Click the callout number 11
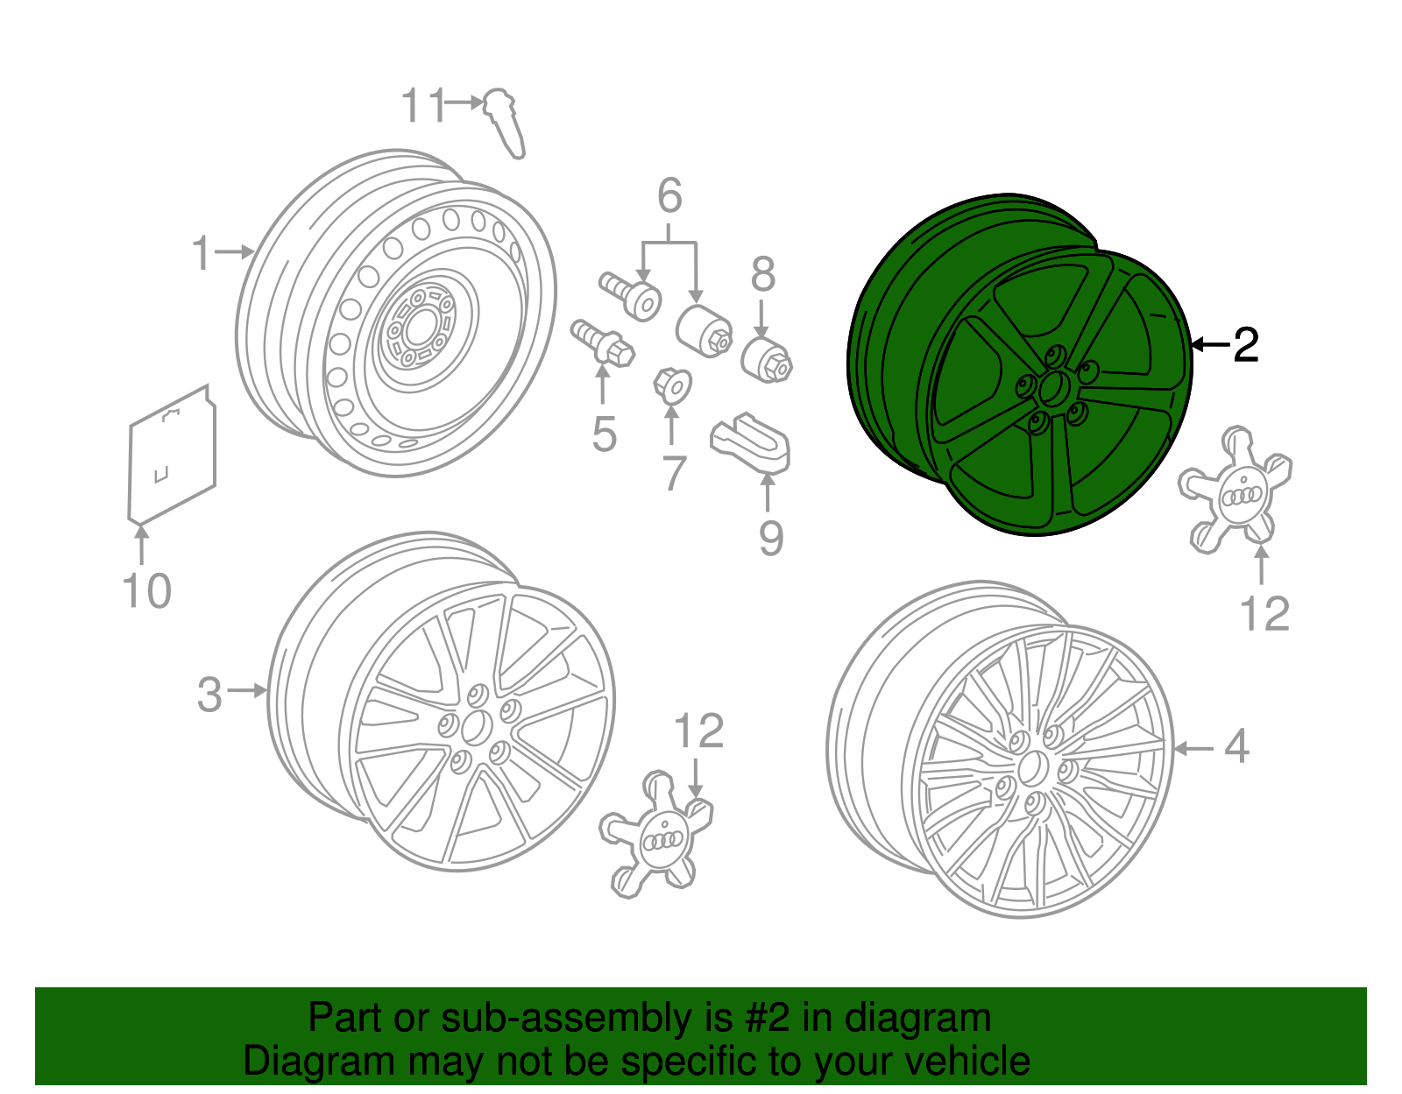(x=423, y=106)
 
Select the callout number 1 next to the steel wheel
(x=202, y=253)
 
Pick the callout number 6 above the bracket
(x=669, y=196)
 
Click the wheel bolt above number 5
(x=603, y=342)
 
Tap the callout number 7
(x=673, y=474)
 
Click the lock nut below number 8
(x=767, y=360)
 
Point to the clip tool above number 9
(x=750, y=441)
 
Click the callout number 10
(x=146, y=591)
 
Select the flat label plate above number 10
(x=172, y=455)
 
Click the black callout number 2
(x=1245, y=345)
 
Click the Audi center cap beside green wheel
(x=1236, y=491)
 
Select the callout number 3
(x=209, y=695)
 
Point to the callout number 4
(x=1236, y=747)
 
